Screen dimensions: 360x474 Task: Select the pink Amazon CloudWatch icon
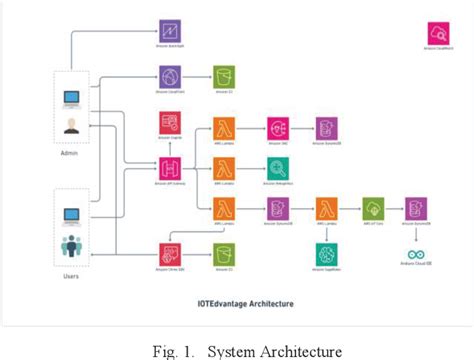coord(437,34)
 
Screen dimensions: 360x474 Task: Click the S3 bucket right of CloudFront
coord(222,78)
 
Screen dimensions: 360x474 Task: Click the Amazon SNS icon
coord(275,129)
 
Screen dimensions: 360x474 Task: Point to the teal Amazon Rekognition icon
coord(275,167)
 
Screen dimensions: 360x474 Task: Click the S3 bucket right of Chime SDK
coord(222,253)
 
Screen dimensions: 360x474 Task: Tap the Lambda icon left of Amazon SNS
coord(222,129)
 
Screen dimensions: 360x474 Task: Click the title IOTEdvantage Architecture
coord(236,299)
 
